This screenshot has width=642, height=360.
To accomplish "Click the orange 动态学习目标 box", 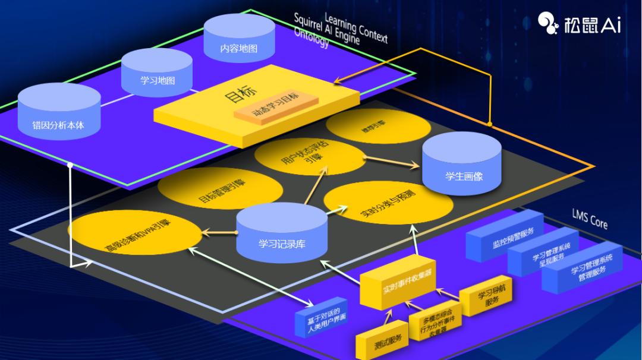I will [276, 105].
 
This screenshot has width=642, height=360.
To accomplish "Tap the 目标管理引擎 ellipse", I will [220, 188].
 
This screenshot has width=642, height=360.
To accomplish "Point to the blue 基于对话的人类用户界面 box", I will [321, 319].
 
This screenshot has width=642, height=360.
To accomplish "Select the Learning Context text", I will [356, 27].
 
